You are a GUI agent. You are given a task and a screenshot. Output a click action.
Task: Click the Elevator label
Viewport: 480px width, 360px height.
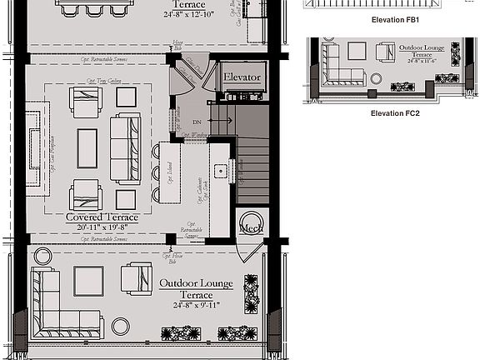coord(242,77)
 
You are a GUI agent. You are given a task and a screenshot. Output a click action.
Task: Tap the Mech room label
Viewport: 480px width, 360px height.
coord(251,227)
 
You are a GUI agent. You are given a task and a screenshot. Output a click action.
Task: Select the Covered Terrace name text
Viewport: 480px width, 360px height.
coord(102,217)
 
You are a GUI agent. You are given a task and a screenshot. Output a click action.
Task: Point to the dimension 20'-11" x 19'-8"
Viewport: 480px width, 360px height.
coord(102,227)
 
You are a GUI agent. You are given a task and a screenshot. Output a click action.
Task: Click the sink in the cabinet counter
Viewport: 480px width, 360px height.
coord(220,171)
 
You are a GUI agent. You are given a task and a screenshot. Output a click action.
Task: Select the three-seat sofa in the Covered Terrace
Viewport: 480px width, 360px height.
coord(126,150)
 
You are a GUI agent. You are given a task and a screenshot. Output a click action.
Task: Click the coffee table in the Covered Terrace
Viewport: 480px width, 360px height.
coord(87,148)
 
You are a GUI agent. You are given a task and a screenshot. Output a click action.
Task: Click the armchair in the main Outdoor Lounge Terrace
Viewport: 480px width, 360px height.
coord(136,277)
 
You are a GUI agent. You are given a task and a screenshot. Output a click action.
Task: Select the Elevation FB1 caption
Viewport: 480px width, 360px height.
coord(394,18)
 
